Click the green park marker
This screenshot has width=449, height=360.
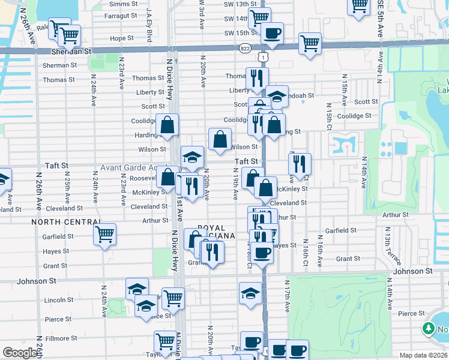[429, 328]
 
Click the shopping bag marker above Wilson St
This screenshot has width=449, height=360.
[220, 139]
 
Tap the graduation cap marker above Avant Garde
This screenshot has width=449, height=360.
[192, 157]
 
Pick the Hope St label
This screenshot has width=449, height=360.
[121, 38]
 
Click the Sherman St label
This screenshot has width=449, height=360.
[56, 65]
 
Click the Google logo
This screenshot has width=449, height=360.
[20, 353]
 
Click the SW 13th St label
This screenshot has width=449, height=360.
[237, 4]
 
